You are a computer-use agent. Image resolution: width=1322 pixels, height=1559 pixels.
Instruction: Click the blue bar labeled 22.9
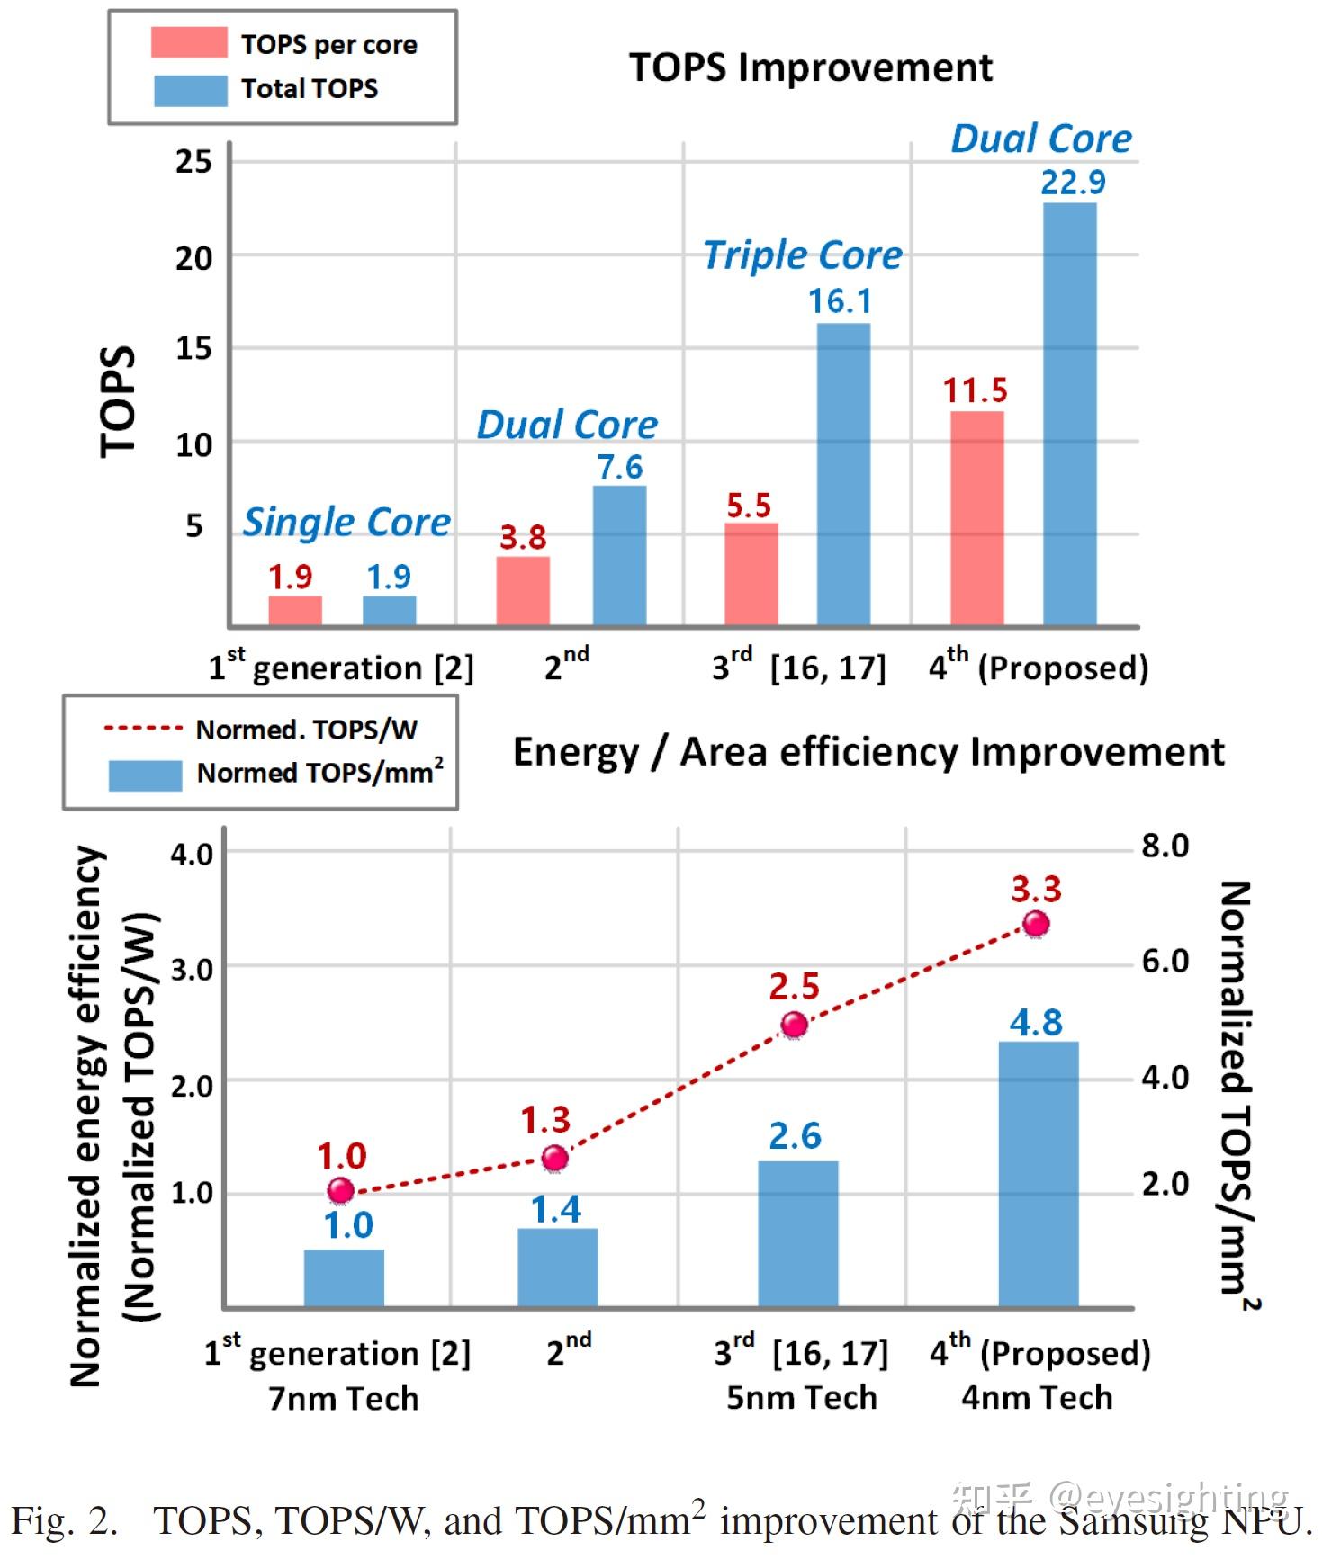tap(1069, 414)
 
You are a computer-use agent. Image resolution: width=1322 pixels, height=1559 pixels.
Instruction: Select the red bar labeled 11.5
tap(976, 518)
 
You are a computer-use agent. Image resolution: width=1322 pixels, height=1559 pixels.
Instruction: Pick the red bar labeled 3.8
tap(523, 591)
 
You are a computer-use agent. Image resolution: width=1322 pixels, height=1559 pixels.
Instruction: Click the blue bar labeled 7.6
tap(619, 556)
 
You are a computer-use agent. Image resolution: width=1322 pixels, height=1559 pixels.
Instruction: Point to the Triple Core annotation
tap(802, 255)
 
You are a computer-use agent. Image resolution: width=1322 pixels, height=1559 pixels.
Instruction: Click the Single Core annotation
tap(346, 523)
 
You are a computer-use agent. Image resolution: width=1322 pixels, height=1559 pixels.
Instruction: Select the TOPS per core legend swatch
tap(189, 43)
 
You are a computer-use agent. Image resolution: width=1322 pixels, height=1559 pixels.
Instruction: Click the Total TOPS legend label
tap(309, 89)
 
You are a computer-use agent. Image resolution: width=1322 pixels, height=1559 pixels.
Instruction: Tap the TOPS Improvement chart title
tap(810, 67)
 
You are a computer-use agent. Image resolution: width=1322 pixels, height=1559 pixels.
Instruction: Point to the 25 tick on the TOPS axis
tap(193, 163)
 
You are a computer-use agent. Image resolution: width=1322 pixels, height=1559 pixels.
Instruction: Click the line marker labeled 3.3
tap(1036, 924)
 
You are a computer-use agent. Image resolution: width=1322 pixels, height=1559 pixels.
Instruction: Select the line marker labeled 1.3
tap(555, 1158)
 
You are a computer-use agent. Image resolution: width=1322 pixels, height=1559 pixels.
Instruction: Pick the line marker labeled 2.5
tap(794, 1025)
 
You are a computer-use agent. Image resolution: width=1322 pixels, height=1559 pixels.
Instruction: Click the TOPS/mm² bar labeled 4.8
tap(1039, 1174)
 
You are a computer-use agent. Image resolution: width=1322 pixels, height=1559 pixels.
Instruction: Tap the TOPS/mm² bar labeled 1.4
tap(557, 1268)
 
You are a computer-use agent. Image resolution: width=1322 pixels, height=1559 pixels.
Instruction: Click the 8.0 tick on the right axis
tap(1165, 847)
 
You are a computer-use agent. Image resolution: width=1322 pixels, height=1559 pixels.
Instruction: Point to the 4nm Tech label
tap(1037, 1398)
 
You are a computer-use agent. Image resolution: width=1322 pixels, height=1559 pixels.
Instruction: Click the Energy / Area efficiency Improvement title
tap(868, 752)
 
